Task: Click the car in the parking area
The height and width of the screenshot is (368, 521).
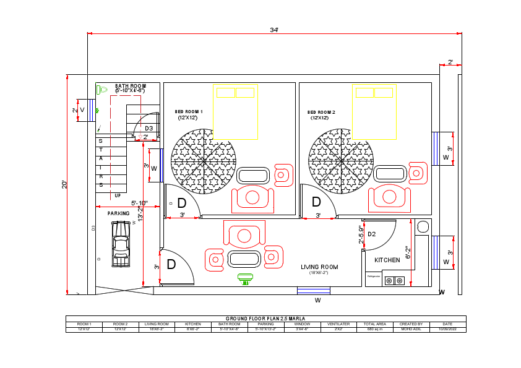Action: click(121, 243)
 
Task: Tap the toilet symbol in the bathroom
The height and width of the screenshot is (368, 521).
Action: click(103, 90)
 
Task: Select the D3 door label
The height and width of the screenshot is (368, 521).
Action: click(149, 128)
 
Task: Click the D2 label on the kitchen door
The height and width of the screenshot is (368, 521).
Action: click(372, 234)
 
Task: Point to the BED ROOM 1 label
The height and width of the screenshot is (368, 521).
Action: click(189, 112)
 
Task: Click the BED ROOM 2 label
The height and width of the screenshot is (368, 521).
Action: click(321, 113)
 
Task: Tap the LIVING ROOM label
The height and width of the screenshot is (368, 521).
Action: click(319, 267)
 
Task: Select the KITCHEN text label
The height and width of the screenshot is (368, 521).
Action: click(387, 260)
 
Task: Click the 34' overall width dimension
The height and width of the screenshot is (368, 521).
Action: click(273, 30)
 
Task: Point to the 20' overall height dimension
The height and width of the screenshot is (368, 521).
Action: click(64, 184)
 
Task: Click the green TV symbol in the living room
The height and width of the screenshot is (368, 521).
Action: click(245, 279)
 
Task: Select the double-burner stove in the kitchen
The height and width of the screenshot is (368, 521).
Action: click(394, 281)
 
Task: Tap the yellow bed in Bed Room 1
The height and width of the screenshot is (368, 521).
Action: click(235, 111)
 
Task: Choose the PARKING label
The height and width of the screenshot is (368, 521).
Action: click(119, 213)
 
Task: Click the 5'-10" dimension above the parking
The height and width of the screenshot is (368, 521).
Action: click(139, 203)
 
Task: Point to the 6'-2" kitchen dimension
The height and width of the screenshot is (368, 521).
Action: click(408, 252)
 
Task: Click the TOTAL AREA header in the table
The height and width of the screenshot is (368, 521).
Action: click(375, 324)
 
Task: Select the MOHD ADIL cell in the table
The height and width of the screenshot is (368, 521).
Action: click(411, 330)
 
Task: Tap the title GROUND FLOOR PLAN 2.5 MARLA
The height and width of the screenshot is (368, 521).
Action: click(265, 319)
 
